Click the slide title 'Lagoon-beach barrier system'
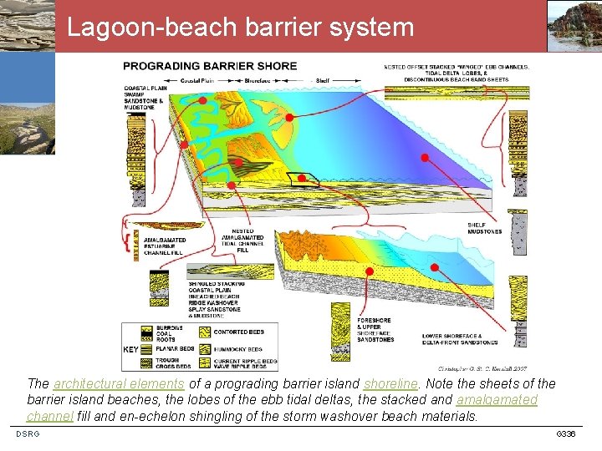click(x=240, y=28)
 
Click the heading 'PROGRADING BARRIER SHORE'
click(x=209, y=66)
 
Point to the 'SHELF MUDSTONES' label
click(x=484, y=227)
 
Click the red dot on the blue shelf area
click(x=424, y=157)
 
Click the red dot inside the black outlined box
click(x=298, y=178)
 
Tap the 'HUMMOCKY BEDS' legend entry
click(x=238, y=349)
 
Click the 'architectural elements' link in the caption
click(x=118, y=383)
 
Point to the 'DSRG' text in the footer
click(x=28, y=433)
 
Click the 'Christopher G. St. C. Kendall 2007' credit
click(x=482, y=367)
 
